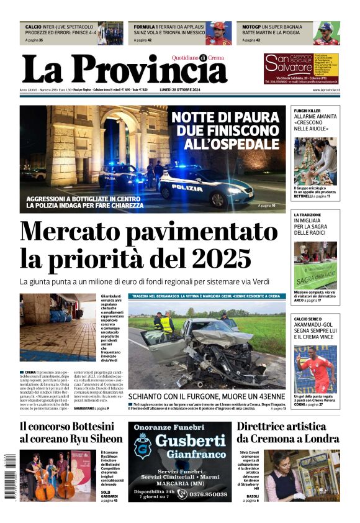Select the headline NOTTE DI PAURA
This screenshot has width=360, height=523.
(x=225, y=117)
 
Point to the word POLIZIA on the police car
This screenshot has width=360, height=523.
(x=187, y=188)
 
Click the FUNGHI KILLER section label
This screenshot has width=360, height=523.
(x=307, y=110)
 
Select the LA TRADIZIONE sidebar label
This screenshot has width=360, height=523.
(x=308, y=214)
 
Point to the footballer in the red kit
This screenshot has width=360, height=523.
(x=315, y=370)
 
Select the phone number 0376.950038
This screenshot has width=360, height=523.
(x=204, y=494)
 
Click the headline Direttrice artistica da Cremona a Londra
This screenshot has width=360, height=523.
(x=287, y=432)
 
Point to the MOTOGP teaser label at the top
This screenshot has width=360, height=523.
(x=251, y=27)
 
